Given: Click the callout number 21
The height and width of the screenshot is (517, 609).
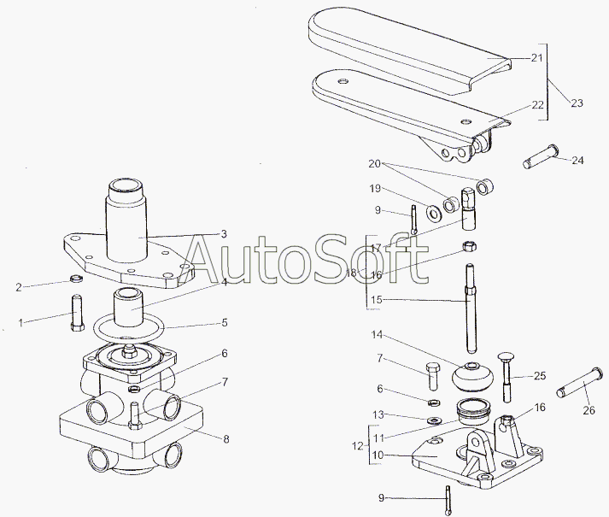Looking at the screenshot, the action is coord(536,58).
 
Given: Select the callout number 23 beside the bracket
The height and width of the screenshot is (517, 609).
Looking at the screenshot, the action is coord(577,103).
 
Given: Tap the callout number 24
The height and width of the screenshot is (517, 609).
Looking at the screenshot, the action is coord(578,160).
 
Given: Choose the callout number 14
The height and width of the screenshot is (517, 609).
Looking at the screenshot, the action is coord(377,334).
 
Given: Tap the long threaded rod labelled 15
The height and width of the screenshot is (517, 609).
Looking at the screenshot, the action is coord(470,308).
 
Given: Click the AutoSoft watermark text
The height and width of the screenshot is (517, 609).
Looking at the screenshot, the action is coord(307,256).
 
